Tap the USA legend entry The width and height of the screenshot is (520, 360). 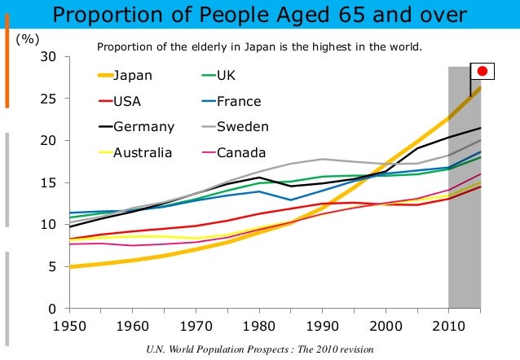[127, 102]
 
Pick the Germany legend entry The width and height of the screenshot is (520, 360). [143, 127]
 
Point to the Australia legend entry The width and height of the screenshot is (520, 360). [143, 152]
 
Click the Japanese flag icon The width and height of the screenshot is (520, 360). [482, 71]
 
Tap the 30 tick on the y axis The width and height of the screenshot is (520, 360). [50, 57]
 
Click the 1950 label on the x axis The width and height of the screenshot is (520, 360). [69, 327]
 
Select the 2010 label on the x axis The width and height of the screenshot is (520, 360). [447, 327]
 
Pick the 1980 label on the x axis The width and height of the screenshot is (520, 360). [258, 327]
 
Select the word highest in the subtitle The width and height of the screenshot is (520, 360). [321, 46]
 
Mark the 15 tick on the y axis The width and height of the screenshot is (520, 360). [50, 183]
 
